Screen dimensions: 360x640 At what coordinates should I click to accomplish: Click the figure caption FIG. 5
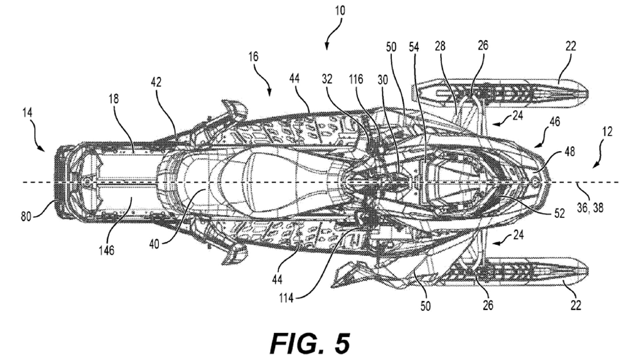(310, 343)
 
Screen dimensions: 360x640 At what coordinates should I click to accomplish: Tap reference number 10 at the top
(340, 11)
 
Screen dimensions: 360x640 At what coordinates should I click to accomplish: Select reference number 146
(106, 250)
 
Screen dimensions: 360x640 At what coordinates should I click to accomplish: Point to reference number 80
(26, 217)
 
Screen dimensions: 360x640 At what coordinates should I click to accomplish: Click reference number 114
(286, 298)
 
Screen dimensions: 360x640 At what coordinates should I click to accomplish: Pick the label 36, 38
(590, 208)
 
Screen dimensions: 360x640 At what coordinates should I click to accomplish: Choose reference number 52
(559, 213)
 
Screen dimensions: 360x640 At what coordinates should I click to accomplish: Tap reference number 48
(570, 152)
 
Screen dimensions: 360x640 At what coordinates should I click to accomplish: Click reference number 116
(356, 79)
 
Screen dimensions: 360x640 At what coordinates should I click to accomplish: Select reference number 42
(156, 82)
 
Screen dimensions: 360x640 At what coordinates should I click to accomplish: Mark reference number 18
(114, 99)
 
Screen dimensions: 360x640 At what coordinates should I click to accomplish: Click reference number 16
(253, 57)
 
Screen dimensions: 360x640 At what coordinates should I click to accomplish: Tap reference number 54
(414, 47)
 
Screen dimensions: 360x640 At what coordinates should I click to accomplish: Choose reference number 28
(440, 46)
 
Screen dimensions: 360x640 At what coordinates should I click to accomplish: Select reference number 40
(154, 244)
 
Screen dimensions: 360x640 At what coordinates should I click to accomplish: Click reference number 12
(607, 132)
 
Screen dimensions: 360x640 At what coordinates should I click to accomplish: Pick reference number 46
(555, 122)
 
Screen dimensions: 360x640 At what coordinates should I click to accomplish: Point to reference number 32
(327, 79)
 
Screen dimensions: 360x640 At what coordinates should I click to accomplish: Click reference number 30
(383, 80)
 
